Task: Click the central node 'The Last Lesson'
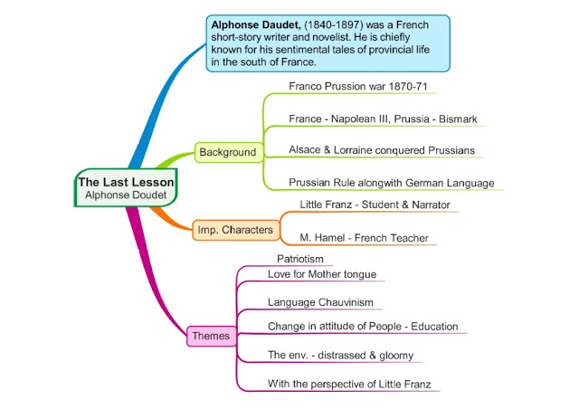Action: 126,182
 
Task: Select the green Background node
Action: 228,152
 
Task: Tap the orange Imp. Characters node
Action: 234,230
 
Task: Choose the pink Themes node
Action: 211,336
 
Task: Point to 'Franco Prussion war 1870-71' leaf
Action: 357,87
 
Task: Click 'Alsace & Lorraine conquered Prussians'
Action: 381,150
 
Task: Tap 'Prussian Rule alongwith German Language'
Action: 391,183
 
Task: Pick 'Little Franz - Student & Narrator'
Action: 375,205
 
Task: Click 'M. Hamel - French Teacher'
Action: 364,238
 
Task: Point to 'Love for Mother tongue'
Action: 321,274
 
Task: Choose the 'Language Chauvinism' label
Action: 319,302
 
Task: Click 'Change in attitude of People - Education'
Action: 363,326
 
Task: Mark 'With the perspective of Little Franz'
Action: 353,384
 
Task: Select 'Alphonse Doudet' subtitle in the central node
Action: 126,195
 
